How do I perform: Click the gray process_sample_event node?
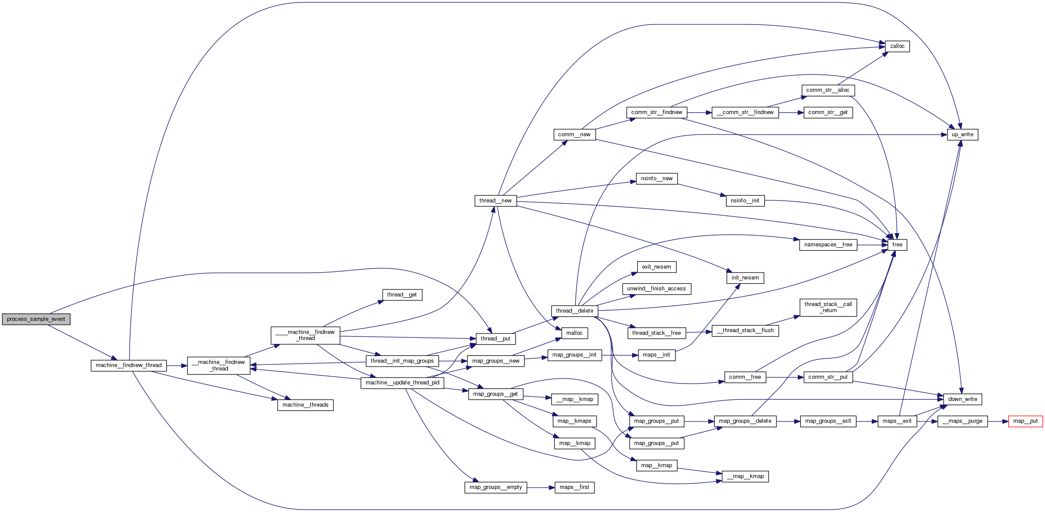click(36, 319)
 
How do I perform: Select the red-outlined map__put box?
click(1025, 421)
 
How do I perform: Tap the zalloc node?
click(897, 46)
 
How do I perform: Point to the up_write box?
click(962, 135)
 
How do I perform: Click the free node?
click(897, 245)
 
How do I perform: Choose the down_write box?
click(962, 399)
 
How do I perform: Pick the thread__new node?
click(495, 201)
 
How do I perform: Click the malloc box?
click(574, 333)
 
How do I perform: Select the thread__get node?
click(402, 295)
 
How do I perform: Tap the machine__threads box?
click(305, 405)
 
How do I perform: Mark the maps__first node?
click(574, 487)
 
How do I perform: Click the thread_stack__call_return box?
click(828, 307)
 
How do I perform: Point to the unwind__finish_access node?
click(656, 289)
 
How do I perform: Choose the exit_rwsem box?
click(656, 267)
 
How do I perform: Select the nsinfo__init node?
click(745, 201)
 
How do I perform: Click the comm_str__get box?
click(828, 112)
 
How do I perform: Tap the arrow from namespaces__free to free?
click(872, 245)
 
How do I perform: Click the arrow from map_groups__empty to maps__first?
click(541, 488)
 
